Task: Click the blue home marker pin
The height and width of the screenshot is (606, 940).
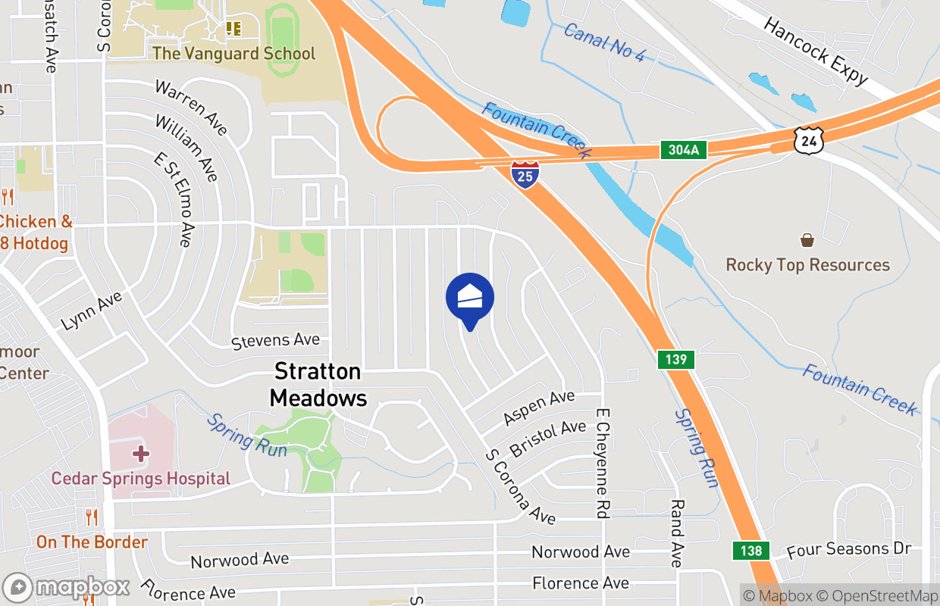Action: (470, 298)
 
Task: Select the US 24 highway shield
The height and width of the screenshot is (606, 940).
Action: (809, 141)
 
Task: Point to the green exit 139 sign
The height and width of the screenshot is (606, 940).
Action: (675, 359)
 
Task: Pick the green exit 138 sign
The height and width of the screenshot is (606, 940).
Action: (751, 551)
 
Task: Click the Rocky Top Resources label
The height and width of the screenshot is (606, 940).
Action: (807, 265)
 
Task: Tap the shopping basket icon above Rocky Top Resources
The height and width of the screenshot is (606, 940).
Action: (807, 240)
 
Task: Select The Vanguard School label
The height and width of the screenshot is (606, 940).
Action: (233, 54)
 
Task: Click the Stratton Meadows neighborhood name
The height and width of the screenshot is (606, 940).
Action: (318, 384)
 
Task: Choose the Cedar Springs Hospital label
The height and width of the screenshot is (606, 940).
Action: (140, 479)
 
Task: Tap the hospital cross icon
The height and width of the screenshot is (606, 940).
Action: (140, 454)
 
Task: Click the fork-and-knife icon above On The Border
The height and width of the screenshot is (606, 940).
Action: (92, 518)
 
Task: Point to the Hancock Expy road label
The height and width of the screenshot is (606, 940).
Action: (815, 50)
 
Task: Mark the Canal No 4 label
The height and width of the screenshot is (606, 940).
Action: (603, 42)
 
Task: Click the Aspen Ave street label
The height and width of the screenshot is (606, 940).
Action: (538, 408)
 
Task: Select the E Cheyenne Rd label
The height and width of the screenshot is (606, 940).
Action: (603, 464)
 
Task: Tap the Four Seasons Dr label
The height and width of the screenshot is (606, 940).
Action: (848, 549)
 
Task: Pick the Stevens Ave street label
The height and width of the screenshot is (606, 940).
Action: (275, 342)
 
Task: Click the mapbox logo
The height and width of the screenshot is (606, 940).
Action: (67, 588)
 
